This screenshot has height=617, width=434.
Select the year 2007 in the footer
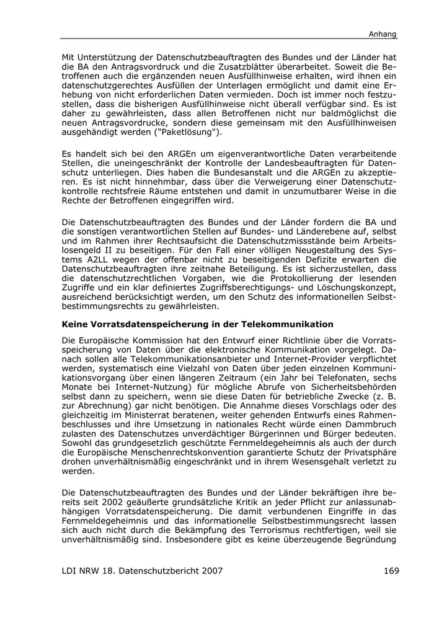point(210,570)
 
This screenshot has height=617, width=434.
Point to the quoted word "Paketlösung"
point(191,132)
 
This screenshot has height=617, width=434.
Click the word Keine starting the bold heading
point(76,324)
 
